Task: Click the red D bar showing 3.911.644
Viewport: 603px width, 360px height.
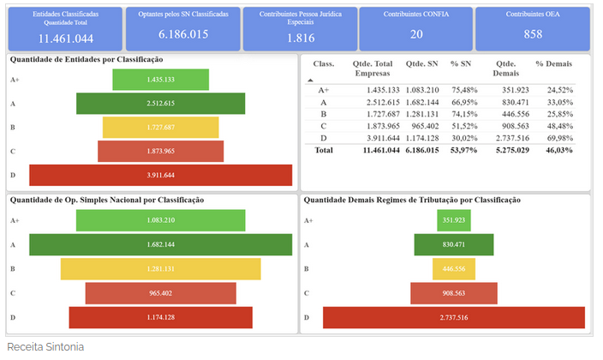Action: (x=161, y=175)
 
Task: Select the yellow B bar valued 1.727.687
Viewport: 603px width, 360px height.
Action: (x=161, y=127)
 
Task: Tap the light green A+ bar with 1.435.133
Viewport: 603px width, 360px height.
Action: (x=161, y=80)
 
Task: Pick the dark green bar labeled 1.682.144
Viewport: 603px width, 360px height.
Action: (x=161, y=244)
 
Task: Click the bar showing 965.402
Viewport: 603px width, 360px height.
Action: (x=161, y=293)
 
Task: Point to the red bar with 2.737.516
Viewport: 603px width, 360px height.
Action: (x=455, y=317)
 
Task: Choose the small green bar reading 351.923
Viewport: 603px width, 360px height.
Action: (x=455, y=220)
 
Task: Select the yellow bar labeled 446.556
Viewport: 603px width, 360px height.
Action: (x=455, y=268)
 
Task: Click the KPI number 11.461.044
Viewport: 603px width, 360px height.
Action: (x=66, y=39)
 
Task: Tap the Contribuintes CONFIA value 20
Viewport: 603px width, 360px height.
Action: (x=416, y=34)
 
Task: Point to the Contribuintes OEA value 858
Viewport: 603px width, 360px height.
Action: (x=533, y=34)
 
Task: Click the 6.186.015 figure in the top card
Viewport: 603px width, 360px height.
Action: (x=183, y=34)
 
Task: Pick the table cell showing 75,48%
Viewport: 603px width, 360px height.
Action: (x=464, y=89)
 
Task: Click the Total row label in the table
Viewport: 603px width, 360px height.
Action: (x=323, y=150)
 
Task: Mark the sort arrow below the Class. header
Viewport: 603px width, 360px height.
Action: (x=310, y=79)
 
